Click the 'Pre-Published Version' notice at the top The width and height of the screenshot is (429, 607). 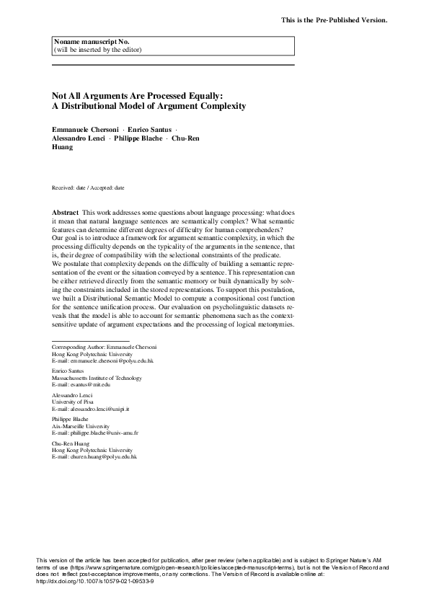pos(334,19)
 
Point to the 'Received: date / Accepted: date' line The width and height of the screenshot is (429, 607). pos(88,187)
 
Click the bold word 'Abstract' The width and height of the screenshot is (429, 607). pos(66,214)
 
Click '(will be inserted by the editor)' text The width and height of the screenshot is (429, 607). pos(97,50)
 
